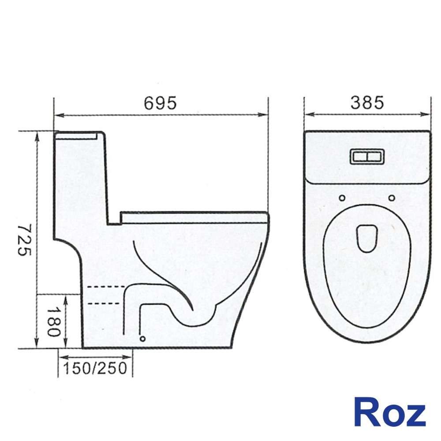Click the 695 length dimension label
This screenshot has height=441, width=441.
(x=161, y=103)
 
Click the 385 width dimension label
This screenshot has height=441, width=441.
(x=367, y=102)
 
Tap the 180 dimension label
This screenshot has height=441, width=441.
(x=53, y=321)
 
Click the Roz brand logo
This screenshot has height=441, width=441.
(x=390, y=412)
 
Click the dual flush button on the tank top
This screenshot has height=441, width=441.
(x=367, y=157)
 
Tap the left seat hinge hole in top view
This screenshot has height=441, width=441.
(x=342, y=198)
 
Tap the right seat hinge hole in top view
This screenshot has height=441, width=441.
(x=392, y=198)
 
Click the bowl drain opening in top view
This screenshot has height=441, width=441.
(x=367, y=238)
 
